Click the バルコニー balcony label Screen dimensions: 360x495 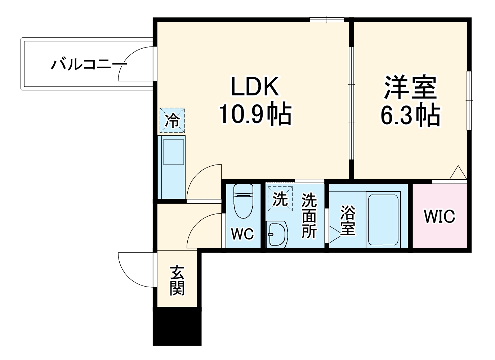point(89,65)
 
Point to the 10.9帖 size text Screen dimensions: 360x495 point(255,114)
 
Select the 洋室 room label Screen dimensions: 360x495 point(410,87)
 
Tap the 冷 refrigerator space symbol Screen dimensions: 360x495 point(172,120)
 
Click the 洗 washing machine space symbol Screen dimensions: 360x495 point(280,199)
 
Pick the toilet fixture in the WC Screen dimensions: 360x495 point(243,201)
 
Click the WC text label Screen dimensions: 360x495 point(242,234)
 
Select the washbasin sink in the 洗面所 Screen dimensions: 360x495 point(277,234)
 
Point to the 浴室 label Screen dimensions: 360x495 point(348,220)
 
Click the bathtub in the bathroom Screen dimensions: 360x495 point(383,219)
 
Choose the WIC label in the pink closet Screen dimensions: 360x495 point(439,216)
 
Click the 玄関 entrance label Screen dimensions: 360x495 point(177,280)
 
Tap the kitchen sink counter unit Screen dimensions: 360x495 point(172,167)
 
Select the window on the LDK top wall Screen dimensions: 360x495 point(327,19)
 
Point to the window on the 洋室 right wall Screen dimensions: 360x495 point(469,100)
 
